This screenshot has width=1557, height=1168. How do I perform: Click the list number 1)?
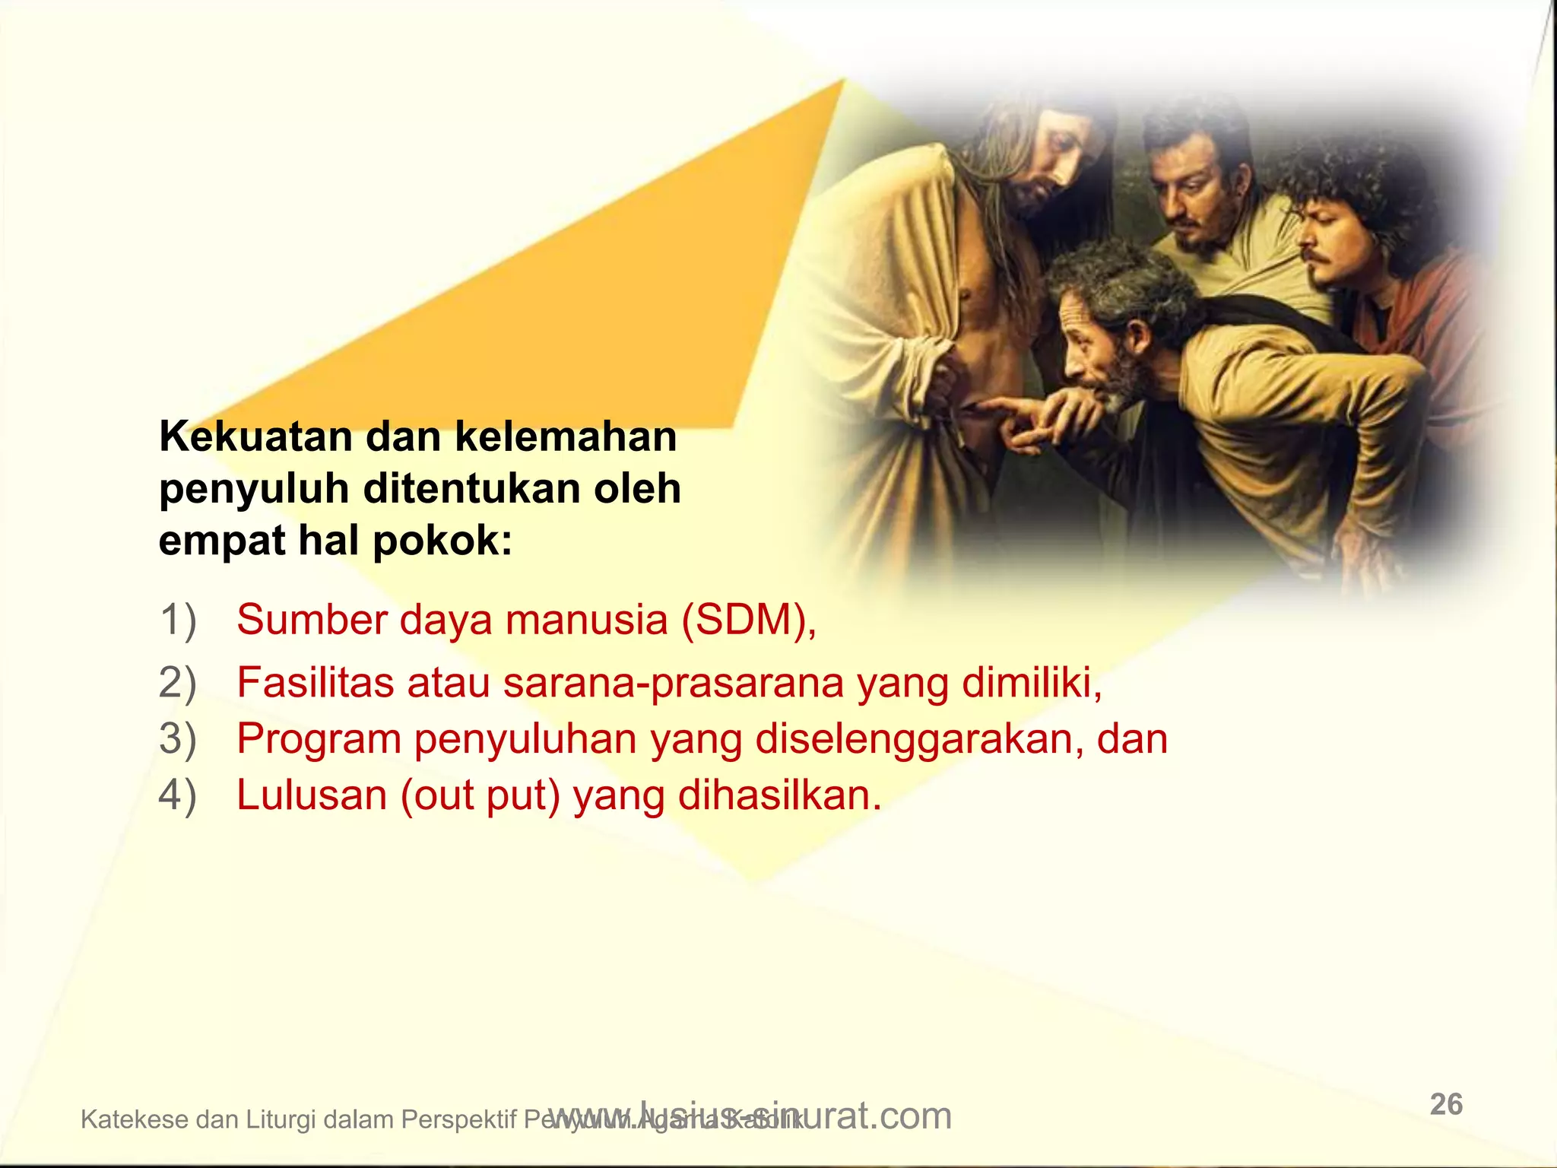[x=178, y=619]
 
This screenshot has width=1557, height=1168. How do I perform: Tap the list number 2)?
[x=178, y=682]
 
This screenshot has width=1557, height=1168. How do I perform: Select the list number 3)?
[x=178, y=738]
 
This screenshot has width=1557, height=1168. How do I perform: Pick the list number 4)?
[x=178, y=795]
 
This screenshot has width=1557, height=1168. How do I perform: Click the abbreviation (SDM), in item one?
[x=748, y=620]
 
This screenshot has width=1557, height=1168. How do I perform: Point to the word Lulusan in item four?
[x=312, y=795]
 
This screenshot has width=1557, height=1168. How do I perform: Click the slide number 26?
[x=1446, y=1104]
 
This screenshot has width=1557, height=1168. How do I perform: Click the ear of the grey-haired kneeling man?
[x=1138, y=335]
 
